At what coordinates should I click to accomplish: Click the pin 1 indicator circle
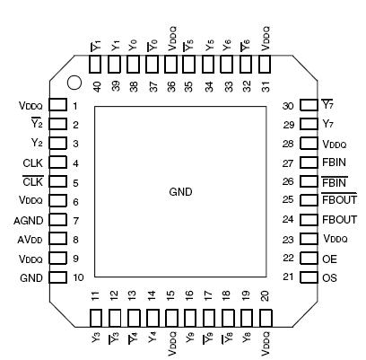pyautogui.click(x=75, y=85)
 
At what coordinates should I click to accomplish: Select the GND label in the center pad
pyautogui.click(x=180, y=192)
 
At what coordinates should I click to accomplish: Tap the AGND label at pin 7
pyautogui.click(x=30, y=219)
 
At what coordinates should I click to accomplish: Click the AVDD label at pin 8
pyautogui.click(x=30, y=239)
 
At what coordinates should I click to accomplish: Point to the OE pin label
pyautogui.click(x=329, y=258)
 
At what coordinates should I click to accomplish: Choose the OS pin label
pyautogui.click(x=329, y=277)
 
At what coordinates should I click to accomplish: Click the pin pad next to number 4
pyautogui.click(x=57, y=163)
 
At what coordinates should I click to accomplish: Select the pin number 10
pyautogui.click(x=79, y=277)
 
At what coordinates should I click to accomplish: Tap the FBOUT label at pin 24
pyautogui.click(x=339, y=219)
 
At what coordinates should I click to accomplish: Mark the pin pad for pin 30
pyautogui.click(x=308, y=106)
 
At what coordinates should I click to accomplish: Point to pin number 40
pyautogui.click(x=95, y=85)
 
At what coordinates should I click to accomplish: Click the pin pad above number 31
pyautogui.click(x=265, y=65)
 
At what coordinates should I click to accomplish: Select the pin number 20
pyautogui.click(x=265, y=296)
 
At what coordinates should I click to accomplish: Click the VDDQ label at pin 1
pyautogui.click(x=30, y=105)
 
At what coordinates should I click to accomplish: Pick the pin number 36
pyautogui.click(x=170, y=85)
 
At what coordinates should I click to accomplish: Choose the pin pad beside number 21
pyautogui.click(x=308, y=277)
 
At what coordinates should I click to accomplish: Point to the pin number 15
pyautogui.click(x=170, y=296)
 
